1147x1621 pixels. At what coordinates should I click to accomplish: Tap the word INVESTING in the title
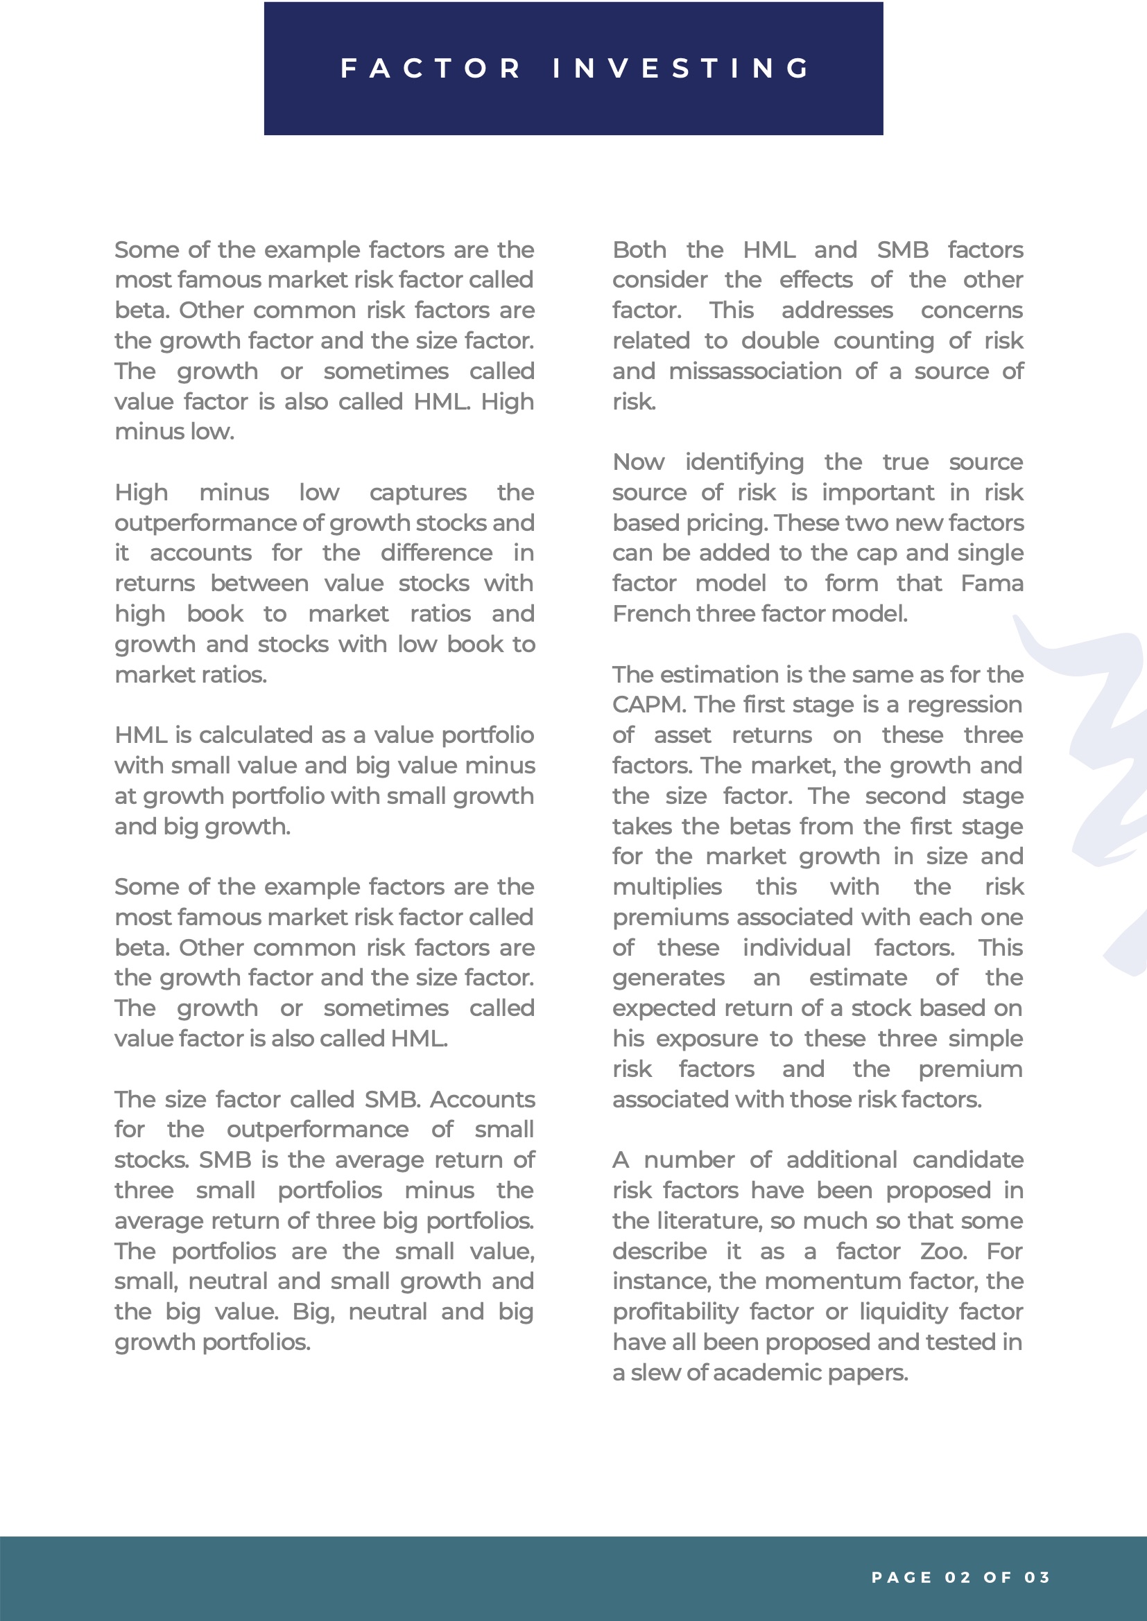[x=682, y=69]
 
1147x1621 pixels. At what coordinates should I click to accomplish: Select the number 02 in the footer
[x=957, y=1577]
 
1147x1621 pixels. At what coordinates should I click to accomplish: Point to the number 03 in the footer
[x=1037, y=1577]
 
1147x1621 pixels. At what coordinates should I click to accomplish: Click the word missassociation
[x=755, y=371]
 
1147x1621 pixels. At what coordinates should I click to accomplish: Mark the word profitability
[x=675, y=1312]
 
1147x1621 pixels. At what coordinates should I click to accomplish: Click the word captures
[x=418, y=493]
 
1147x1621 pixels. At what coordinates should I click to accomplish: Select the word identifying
[x=744, y=462]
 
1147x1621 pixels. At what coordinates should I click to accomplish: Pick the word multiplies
[x=666, y=887]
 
